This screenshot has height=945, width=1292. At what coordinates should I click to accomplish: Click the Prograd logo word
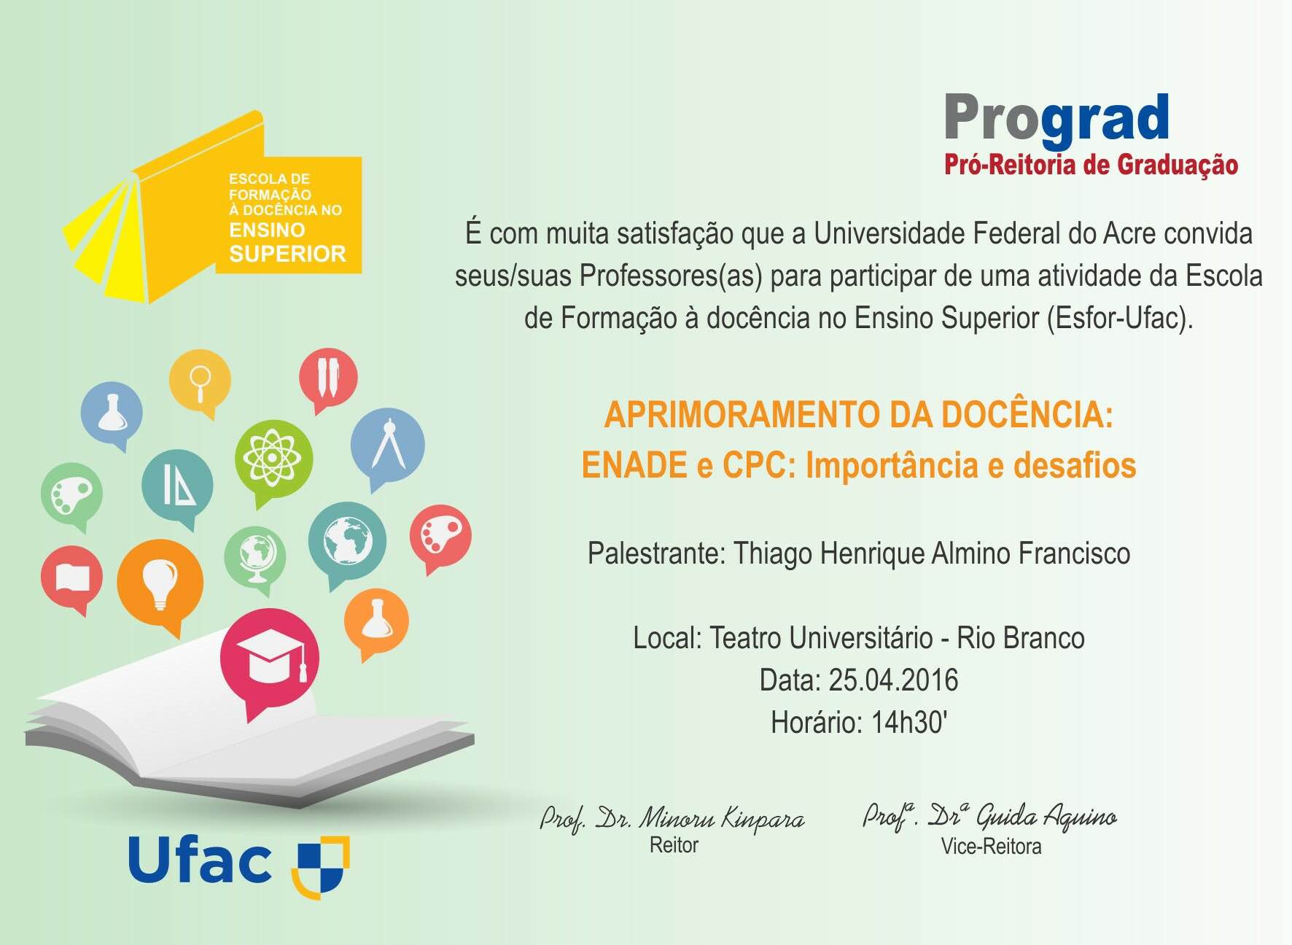pos(1056,118)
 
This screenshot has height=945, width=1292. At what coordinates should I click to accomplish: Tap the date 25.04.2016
pos(893,680)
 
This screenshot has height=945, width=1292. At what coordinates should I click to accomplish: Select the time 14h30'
pos(909,723)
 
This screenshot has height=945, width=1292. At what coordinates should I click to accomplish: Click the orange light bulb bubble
pos(160,580)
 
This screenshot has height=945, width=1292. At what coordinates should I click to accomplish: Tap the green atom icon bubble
pos(273,458)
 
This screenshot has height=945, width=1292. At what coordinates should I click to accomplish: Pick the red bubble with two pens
pos(328,377)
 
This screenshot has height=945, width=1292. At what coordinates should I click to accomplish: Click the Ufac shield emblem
pos(321,866)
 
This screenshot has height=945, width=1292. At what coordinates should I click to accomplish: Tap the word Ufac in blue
pos(200,861)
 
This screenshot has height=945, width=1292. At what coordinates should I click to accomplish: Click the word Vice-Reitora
pos(991,847)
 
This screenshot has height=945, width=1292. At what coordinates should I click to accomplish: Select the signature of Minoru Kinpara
pos(672,819)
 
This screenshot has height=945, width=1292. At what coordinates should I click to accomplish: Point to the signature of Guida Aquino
pos(989,816)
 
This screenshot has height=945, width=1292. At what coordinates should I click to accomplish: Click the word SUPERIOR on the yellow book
pos(287,254)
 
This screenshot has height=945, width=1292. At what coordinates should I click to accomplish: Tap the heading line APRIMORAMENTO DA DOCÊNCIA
pos(858,415)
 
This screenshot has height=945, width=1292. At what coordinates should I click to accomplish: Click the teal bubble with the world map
pos(347,540)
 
